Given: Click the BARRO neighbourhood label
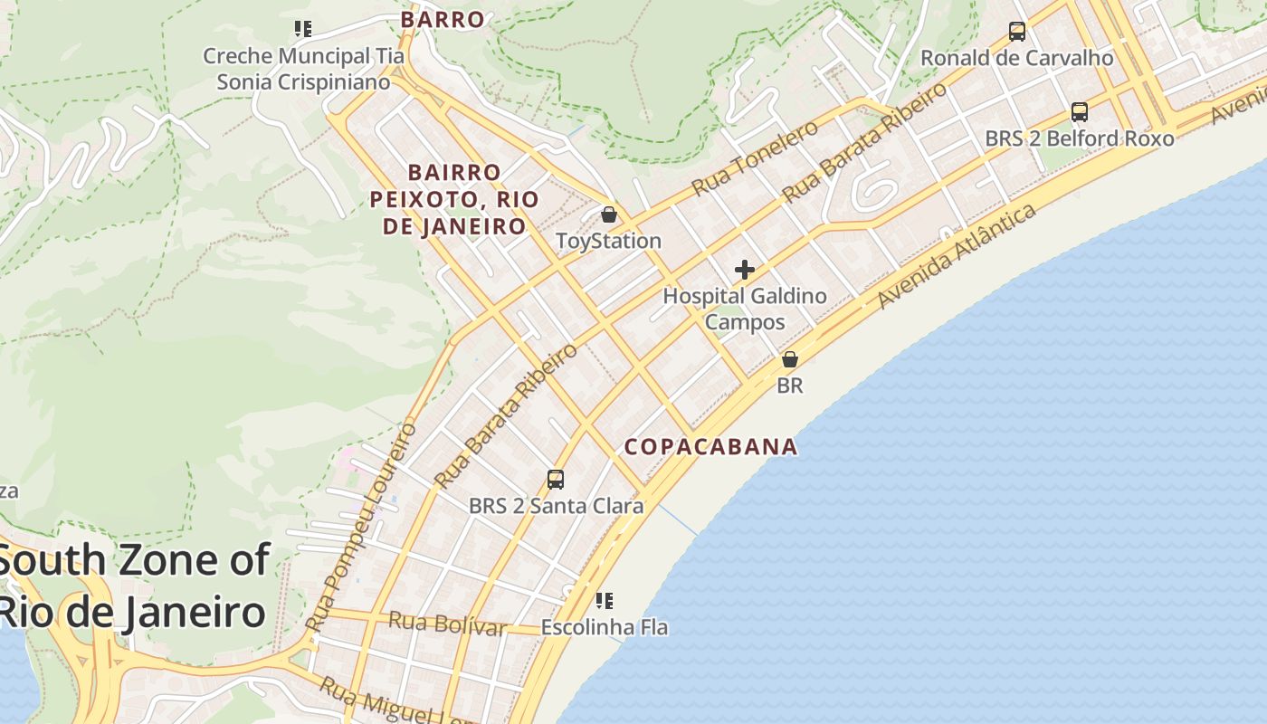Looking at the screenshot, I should [443, 19].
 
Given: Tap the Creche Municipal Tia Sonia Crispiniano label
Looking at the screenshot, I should [303, 69].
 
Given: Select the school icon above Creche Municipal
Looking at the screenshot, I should [303, 29].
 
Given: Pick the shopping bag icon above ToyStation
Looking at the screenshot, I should [609, 214].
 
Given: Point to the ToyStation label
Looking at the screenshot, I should [608, 241].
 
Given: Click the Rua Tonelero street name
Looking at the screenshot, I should [755, 157].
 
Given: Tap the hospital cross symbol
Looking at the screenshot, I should [745, 270].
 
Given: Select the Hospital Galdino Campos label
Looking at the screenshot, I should [745, 309].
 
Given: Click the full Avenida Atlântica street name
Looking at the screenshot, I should [957, 256].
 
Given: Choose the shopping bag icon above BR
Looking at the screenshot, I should [790, 359].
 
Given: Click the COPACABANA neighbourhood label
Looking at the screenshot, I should [711, 446].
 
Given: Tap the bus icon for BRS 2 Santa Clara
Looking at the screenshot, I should [556, 480].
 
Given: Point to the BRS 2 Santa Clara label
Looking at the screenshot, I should [556, 506].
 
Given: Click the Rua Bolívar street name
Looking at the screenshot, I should [446, 624].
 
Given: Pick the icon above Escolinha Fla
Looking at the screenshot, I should [605, 600].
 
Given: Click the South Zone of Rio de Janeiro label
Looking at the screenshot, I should [133, 586].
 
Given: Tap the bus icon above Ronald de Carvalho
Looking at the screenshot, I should [1017, 32].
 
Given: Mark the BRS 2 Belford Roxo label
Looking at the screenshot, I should [1079, 138].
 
